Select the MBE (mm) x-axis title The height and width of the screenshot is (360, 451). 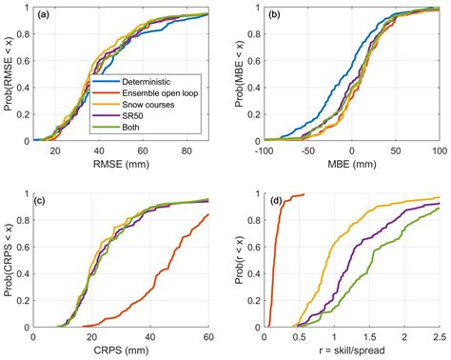[x=351, y=164]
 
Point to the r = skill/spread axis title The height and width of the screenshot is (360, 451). [x=351, y=349]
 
